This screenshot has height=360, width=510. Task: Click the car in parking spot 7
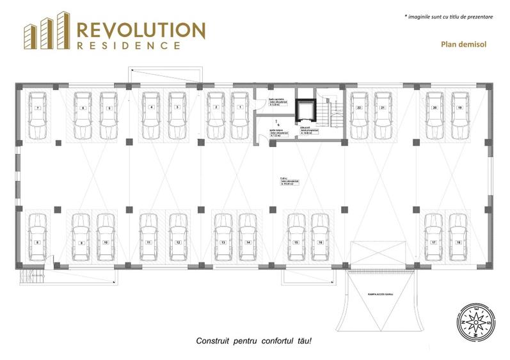tap(38, 115)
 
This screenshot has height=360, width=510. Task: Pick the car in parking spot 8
tap(38, 236)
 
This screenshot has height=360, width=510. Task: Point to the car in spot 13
tap(223, 236)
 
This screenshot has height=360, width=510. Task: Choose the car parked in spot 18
tap(458, 236)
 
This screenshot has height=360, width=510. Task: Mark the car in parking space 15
tap(296, 236)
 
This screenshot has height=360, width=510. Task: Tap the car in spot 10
tap(106, 236)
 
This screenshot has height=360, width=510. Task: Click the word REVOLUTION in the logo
tap(141, 30)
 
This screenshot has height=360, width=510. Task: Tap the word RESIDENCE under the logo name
tap(128, 46)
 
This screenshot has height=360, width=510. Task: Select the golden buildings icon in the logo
tap(47, 31)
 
